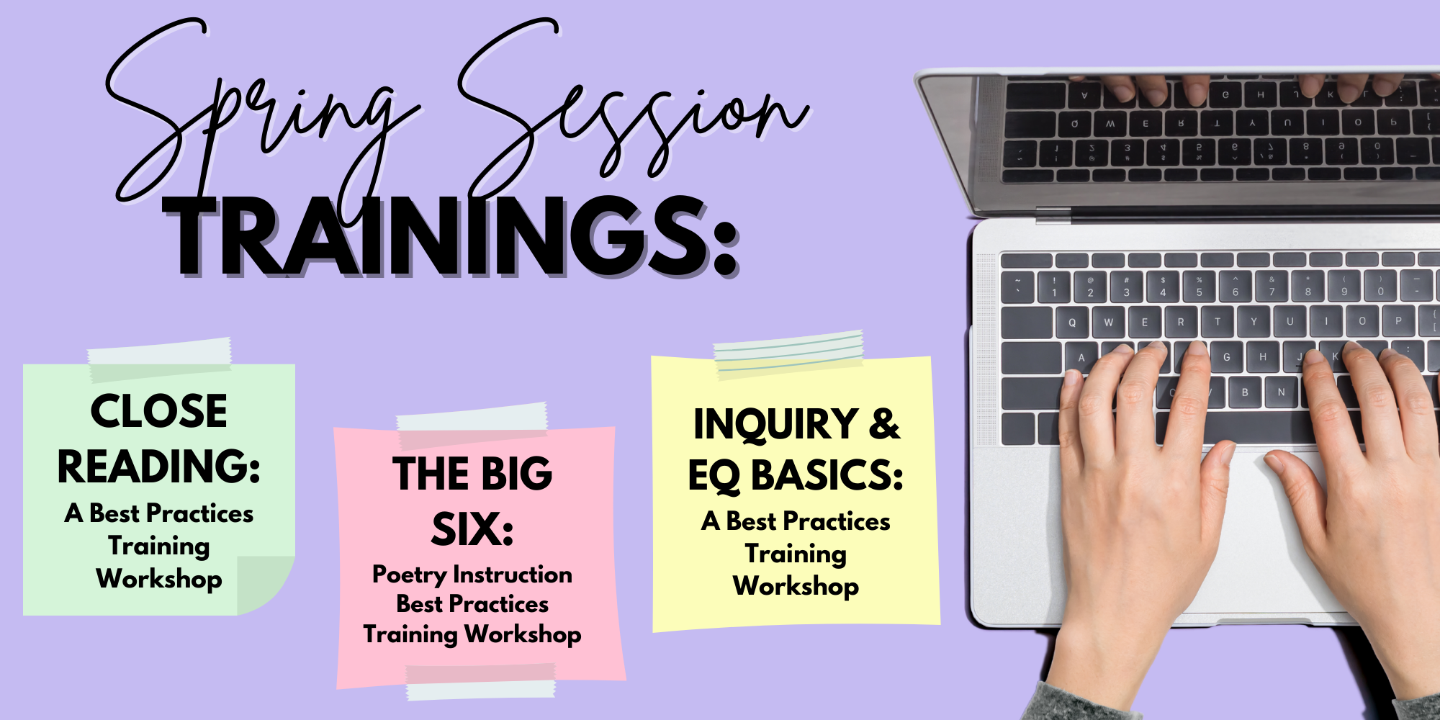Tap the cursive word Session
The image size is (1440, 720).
coord(634,108)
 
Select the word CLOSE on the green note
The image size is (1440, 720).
coord(159,411)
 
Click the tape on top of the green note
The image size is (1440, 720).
coord(160,358)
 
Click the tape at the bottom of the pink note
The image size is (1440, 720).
coord(481,681)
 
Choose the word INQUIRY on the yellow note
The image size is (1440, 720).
coord(775,424)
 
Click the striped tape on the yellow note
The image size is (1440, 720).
coord(789,354)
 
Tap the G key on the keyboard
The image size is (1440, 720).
coord(1226,356)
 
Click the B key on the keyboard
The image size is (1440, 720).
coord(1245,392)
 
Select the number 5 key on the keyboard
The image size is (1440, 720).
coord(1199,287)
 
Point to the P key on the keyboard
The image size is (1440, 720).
coord(1398,321)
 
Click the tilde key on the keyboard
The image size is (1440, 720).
coord(1017,287)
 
